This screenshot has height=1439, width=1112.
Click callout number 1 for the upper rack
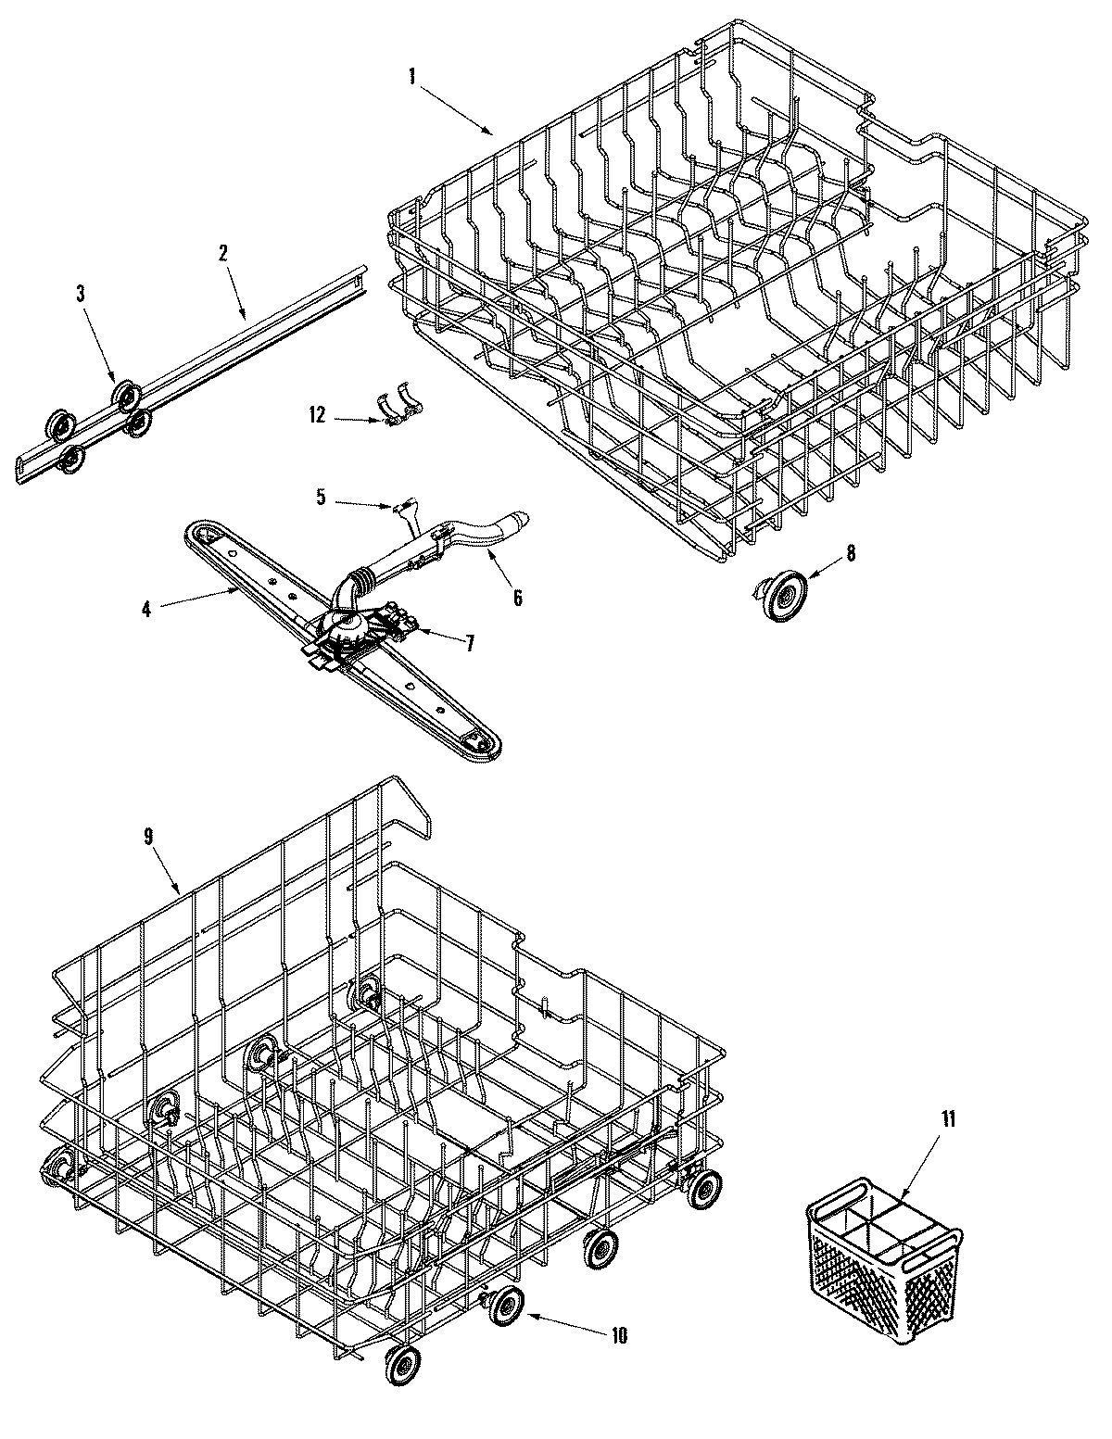[411, 78]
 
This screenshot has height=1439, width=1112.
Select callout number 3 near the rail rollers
[81, 294]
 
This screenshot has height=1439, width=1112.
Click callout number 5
[321, 498]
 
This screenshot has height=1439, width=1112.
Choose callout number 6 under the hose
[517, 598]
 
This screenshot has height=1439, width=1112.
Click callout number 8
[851, 553]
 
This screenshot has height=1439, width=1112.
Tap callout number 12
[318, 416]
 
